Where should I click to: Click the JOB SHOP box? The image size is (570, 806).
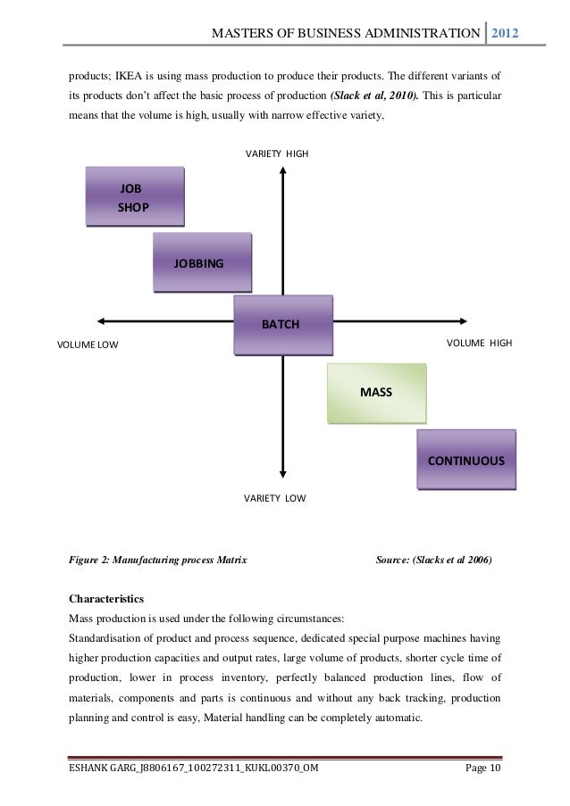pos(134,197)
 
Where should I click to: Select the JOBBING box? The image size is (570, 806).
pos(202,262)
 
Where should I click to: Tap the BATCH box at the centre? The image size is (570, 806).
pos(282,324)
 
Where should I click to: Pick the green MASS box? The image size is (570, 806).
pos(376,393)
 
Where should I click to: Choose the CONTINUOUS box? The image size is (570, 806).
pos(465,461)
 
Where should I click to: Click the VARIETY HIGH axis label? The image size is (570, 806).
pos(277,154)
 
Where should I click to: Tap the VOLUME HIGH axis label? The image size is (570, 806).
pos(479,343)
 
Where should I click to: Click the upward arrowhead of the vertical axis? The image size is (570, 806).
pos(282,174)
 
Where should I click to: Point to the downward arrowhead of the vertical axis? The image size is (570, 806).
pos(282,478)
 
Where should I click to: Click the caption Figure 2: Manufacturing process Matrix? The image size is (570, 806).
pos(157,561)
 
